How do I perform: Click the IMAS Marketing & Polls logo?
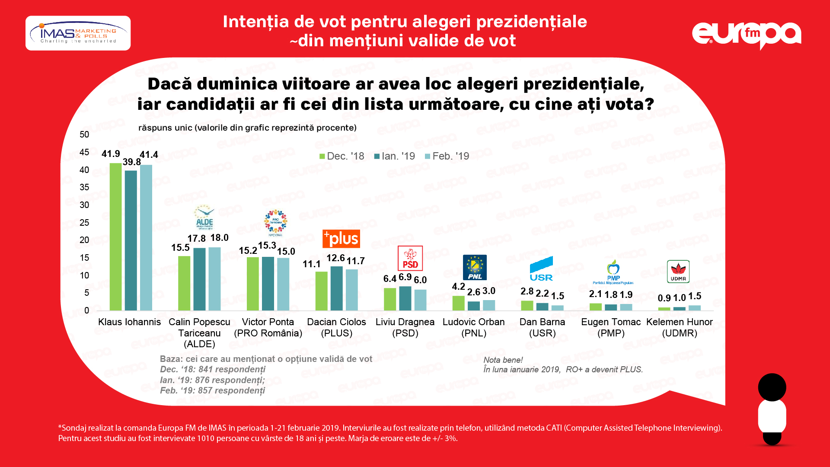[78, 33]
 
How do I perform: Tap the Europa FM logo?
[746, 35]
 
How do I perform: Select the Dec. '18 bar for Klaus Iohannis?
[115, 237]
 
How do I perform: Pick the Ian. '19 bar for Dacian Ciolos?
[336, 288]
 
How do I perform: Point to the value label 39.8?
[131, 162]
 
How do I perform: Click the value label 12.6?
[335, 258]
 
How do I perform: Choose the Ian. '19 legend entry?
[394, 156]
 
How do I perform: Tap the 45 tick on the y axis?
[84, 152]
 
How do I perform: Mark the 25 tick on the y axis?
[84, 223]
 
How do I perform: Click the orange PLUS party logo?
[341, 239]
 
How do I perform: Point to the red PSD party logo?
[410, 258]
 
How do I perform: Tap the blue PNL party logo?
[475, 267]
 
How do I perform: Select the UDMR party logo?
[678, 272]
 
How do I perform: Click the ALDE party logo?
[204, 218]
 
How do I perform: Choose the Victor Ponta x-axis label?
[268, 327]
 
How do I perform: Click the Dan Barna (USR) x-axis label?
[542, 327]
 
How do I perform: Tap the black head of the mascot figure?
[772, 387]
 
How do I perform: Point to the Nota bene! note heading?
[503, 360]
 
